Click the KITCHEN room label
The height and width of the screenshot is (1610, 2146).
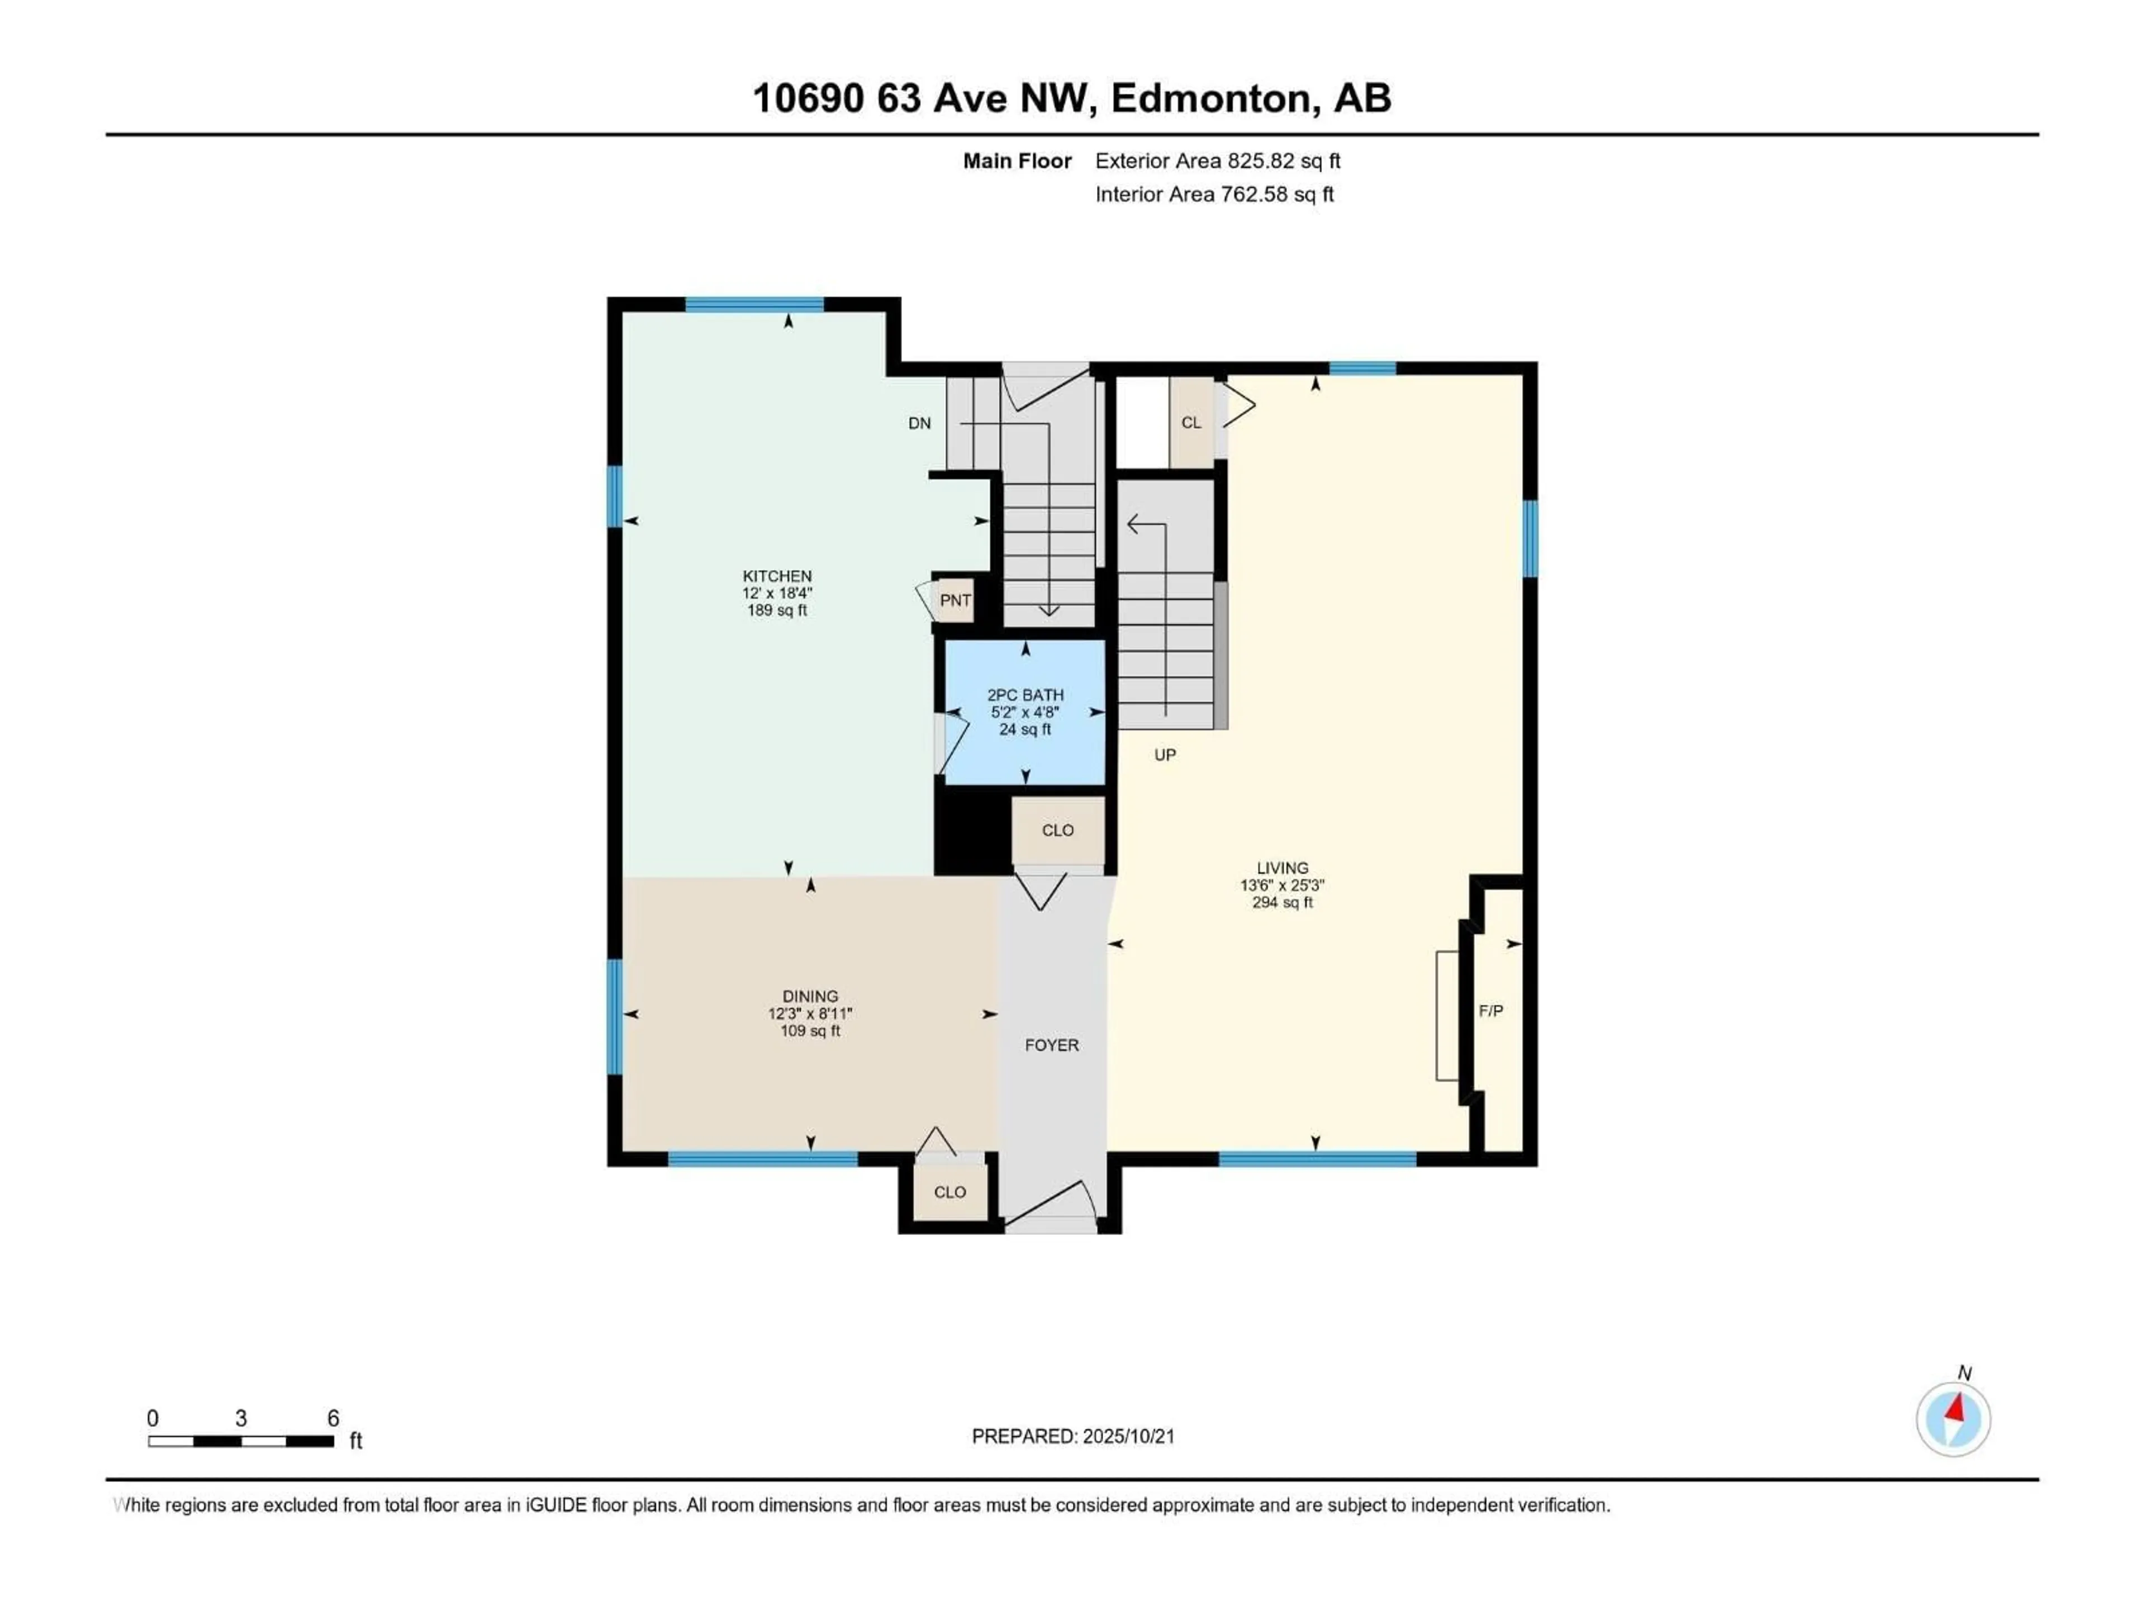[777, 575]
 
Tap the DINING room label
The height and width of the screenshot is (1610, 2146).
[810, 996]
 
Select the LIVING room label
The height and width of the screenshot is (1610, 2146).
[1283, 868]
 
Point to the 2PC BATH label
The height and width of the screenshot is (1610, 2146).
[1025, 695]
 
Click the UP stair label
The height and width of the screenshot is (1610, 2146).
[1165, 754]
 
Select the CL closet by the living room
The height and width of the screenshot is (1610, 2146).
[1191, 422]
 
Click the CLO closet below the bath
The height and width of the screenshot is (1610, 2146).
[1057, 830]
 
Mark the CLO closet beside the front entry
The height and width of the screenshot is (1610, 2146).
[950, 1192]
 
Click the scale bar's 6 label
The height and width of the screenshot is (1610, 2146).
[333, 1418]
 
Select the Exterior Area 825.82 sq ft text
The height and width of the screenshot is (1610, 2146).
[1218, 161]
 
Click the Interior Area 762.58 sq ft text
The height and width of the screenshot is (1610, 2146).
[1214, 194]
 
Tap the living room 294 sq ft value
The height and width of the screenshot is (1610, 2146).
[1283, 902]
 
